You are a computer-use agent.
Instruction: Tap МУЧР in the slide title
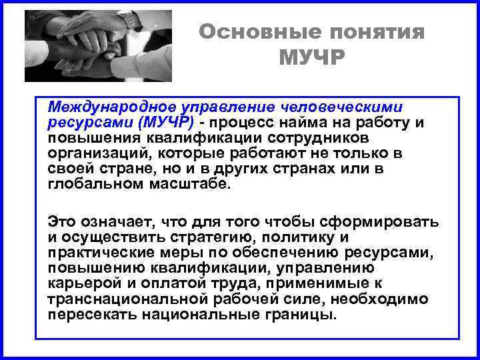coord(312,59)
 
